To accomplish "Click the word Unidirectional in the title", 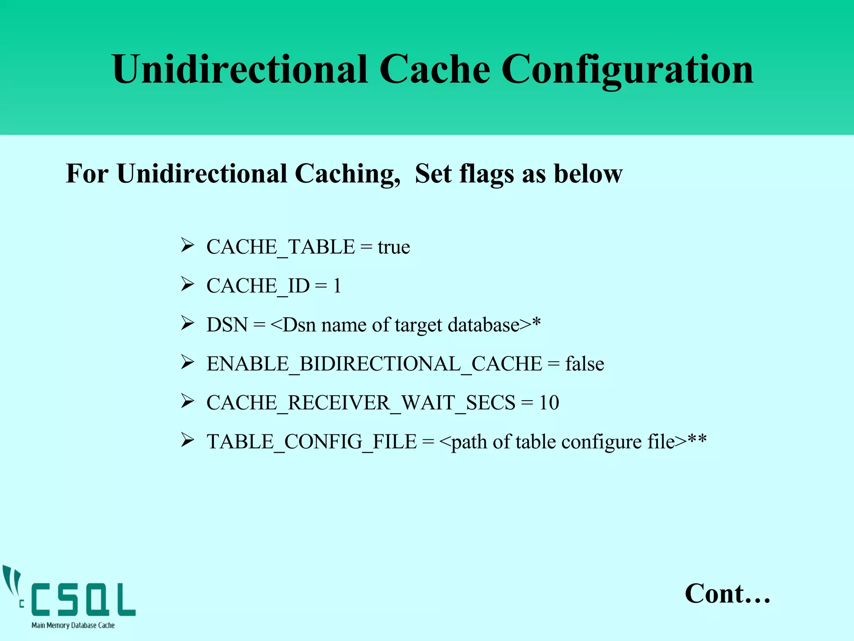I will pos(240,70).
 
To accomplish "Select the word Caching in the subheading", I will pos(347,174).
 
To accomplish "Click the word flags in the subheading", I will pos(486,174).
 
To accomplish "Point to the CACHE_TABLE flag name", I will pos(281,247).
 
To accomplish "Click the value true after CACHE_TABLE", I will pos(394,247).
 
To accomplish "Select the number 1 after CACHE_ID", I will pos(337,286).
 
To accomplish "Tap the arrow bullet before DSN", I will pos(187,323).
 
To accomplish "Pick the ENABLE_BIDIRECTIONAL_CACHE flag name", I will pos(374,364).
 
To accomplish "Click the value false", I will pos(585,364).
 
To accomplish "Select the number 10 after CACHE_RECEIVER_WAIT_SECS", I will pos(549,403).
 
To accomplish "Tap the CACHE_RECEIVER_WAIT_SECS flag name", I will pos(361,403).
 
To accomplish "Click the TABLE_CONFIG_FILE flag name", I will pos(311,442).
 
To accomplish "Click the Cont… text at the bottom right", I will pos(727,593).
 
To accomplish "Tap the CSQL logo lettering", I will pos(83,600).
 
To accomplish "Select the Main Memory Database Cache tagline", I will pos(73,625).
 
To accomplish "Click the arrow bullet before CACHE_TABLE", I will pos(187,245).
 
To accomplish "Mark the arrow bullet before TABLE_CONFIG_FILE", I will pos(187,440).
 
